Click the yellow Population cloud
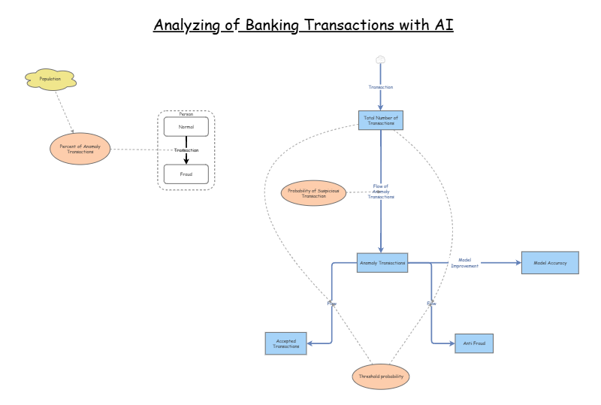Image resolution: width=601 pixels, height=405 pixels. point(50,79)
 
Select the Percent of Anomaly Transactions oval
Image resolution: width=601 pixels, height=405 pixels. point(80,149)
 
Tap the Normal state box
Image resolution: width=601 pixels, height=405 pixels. point(186,127)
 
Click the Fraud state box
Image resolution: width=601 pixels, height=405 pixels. point(186,174)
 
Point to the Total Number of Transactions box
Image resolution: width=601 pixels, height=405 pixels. point(380,120)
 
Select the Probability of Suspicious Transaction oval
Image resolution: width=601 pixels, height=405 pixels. point(313,193)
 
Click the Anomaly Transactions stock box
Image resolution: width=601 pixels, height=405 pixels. point(382,263)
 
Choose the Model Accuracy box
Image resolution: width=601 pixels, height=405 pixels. point(550,263)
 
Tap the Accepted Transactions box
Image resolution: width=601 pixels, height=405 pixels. point(285,343)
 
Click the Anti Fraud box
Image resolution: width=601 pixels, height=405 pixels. point(474,343)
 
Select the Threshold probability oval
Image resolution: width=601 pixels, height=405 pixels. point(381,376)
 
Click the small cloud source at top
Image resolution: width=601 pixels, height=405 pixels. point(380,59)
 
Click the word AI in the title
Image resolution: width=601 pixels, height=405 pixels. point(443,25)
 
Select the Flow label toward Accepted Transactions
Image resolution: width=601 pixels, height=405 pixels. point(331,304)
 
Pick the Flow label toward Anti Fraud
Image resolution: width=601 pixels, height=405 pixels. point(431,304)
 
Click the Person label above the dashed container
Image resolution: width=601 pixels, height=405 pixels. point(186,114)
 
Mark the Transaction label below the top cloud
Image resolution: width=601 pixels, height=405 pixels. point(380,87)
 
